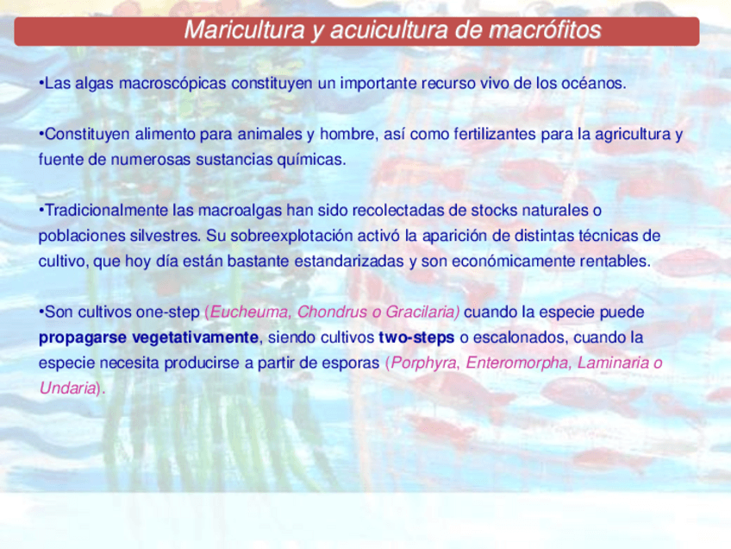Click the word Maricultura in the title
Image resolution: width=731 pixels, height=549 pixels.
pos(244,30)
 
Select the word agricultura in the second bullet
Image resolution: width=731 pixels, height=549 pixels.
pos(633,135)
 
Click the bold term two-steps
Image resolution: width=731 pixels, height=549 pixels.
pos(416,338)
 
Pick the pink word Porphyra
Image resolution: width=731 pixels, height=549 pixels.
pos(423,363)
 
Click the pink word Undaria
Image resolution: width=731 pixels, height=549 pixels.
pos(67,388)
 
